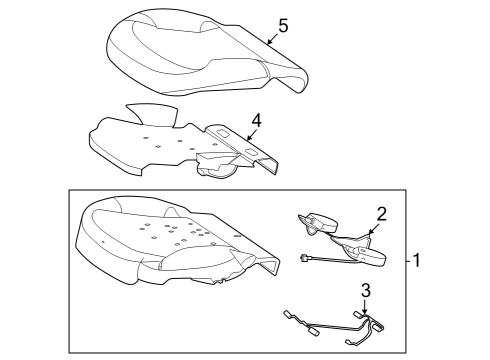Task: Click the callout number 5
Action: [283, 26]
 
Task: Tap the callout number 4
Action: [256, 120]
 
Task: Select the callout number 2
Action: [381, 214]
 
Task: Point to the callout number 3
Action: [366, 291]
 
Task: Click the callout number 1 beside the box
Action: [416, 260]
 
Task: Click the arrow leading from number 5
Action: [273, 39]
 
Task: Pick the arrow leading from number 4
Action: [252, 135]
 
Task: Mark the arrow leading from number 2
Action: [373, 228]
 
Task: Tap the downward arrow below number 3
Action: [365, 307]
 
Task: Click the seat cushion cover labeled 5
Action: [207, 53]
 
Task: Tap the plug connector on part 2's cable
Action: [304, 257]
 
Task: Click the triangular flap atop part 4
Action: [153, 113]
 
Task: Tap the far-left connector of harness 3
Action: [287, 314]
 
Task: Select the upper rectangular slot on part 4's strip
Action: [223, 133]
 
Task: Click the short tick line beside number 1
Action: [408, 261]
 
